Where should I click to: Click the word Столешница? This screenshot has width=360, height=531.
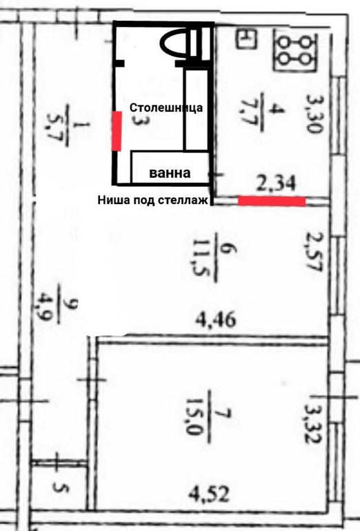[x=166, y=108]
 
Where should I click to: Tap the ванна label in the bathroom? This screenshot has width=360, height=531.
[x=170, y=173]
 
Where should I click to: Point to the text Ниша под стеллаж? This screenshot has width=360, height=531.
[x=152, y=200]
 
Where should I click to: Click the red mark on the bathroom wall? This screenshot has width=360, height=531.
[x=117, y=131]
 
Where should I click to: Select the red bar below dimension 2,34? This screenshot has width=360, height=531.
[x=272, y=201]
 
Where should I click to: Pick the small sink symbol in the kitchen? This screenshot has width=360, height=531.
[x=246, y=39]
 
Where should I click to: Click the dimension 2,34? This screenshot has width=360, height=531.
[x=276, y=183]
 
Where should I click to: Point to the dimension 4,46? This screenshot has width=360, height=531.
[x=216, y=319]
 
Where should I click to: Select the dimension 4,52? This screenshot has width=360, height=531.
[x=209, y=494]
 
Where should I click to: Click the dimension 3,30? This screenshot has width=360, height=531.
[x=314, y=113]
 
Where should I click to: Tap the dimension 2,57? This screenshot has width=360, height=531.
[x=314, y=252]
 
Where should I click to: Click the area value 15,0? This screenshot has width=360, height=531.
[x=192, y=417]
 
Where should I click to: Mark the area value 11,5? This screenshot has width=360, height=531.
[x=199, y=258]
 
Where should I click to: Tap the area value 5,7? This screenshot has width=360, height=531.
[x=54, y=125]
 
